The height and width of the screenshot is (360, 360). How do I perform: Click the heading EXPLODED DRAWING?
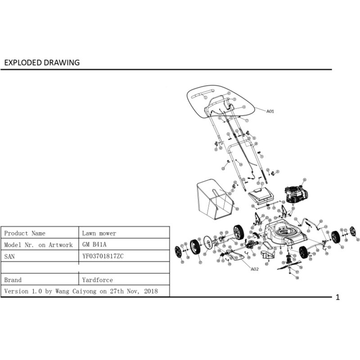point(42,63)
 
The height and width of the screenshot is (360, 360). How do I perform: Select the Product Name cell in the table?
point(25,233)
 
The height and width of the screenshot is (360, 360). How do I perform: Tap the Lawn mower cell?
point(99,233)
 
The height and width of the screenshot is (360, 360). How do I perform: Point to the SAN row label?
point(9,256)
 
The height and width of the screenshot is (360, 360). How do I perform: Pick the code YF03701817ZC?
point(103,256)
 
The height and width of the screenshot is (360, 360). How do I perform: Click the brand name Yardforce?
point(98,279)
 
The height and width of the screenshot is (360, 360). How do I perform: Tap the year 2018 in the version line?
point(151,291)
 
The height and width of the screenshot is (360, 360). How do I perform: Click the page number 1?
point(338,297)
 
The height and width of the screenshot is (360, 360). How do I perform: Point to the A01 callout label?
point(270,111)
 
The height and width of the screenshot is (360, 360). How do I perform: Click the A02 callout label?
point(255,269)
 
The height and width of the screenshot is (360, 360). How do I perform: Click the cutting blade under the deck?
point(288,265)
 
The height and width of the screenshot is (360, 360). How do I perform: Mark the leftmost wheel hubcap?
point(178,252)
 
